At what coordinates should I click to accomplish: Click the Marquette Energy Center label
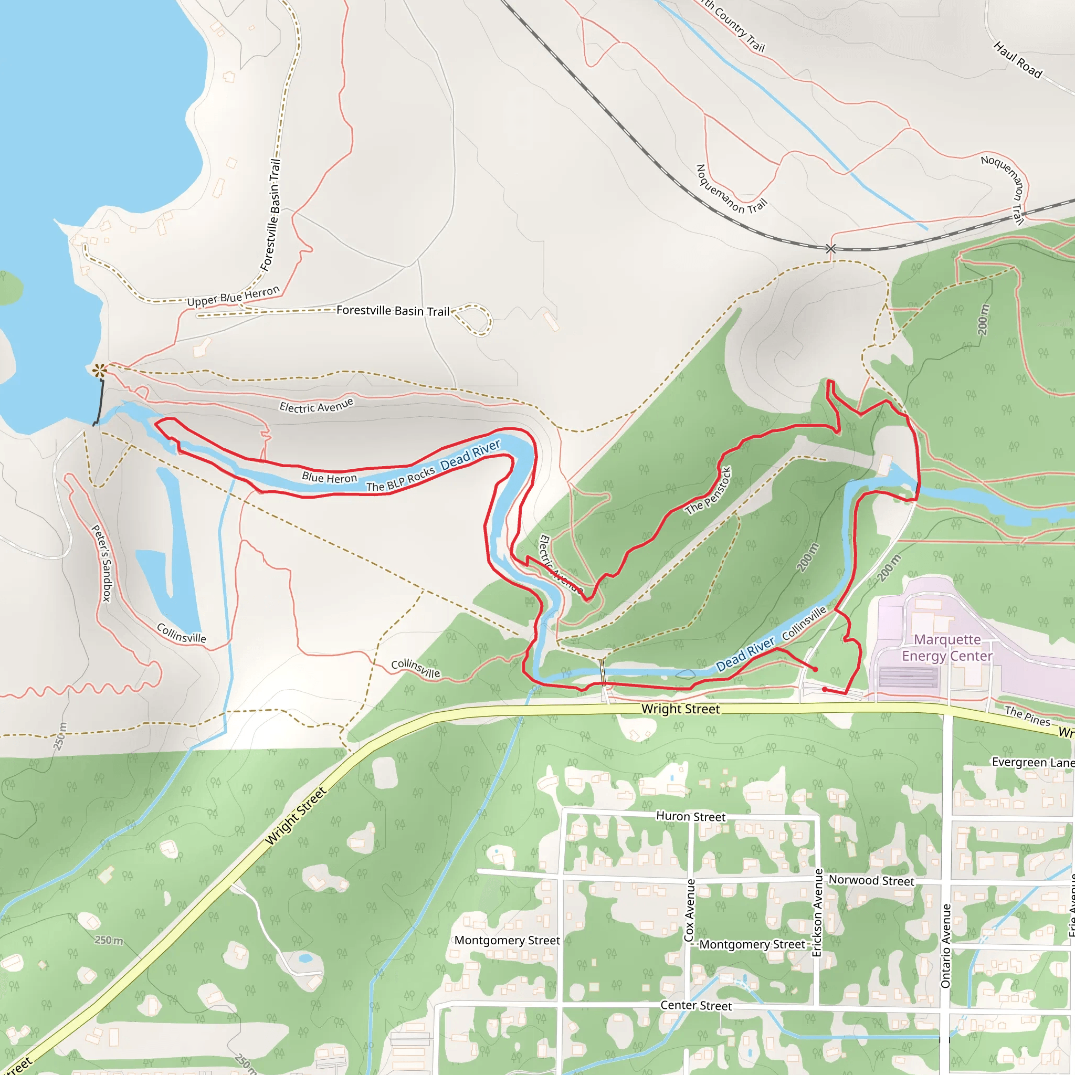(x=947, y=648)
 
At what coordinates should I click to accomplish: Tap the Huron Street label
(x=691, y=816)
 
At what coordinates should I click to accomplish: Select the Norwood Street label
(x=871, y=880)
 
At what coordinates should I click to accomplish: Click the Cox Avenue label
(x=690, y=910)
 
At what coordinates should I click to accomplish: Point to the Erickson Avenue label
(x=817, y=912)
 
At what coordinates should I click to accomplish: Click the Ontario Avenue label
(x=946, y=946)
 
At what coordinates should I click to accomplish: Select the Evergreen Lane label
(x=1032, y=762)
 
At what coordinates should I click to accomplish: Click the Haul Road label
(x=1018, y=60)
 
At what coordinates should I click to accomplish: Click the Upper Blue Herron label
(x=233, y=297)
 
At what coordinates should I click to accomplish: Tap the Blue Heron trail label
(x=330, y=478)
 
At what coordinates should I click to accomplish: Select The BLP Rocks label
(x=400, y=479)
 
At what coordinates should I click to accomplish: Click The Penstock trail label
(x=708, y=491)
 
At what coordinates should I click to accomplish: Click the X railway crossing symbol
(x=830, y=249)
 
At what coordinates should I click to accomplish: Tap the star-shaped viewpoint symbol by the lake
(x=100, y=370)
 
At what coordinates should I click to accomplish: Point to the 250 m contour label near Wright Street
(x=109, y=940)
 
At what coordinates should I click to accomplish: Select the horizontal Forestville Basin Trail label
(x=393, y=311)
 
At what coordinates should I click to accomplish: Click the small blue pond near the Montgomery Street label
(x=305, y=958)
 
